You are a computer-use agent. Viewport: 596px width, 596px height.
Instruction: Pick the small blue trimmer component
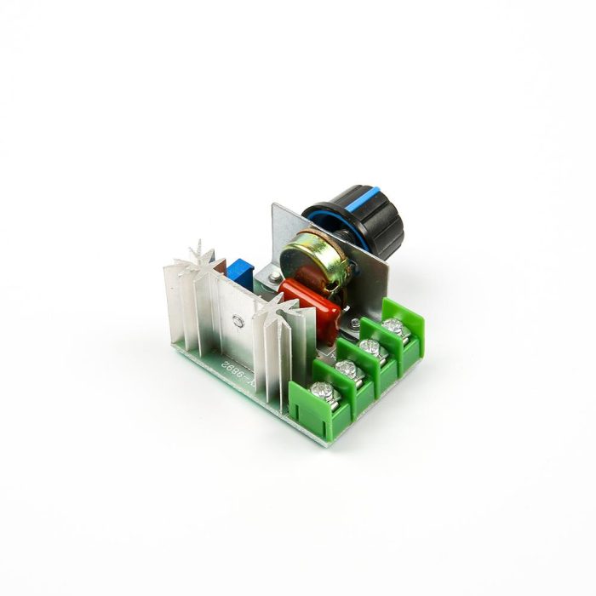[242, 272]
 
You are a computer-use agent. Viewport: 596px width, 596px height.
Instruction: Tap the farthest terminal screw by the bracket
[393, 325]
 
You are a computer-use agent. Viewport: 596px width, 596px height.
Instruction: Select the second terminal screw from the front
[346, 368]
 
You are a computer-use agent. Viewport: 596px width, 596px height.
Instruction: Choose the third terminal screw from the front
[370, 346]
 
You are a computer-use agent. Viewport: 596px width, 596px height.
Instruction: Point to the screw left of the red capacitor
[269, 274]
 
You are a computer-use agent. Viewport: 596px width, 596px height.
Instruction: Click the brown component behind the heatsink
[223, 266]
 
